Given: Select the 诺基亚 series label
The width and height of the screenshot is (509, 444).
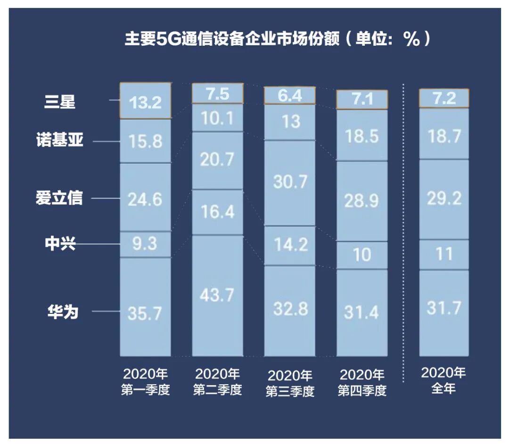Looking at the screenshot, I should point(60,140).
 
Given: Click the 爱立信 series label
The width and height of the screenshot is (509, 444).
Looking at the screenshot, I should point(59,198).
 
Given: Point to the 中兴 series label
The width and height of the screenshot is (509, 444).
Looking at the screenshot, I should point(59,244).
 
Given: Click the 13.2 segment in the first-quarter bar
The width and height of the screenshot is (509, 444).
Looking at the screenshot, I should point(145,101).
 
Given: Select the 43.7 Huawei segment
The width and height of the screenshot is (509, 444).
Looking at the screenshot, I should point(217,296).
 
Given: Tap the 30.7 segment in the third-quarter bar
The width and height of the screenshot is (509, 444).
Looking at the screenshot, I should point(289,182).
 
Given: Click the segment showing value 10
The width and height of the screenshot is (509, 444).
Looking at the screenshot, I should point(361,255).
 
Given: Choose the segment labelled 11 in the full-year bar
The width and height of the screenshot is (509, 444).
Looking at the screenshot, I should point(443,255).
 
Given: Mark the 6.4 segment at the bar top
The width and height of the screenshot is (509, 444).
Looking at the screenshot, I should point(289,96).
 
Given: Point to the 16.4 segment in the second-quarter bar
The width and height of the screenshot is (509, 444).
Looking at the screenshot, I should point(217,212).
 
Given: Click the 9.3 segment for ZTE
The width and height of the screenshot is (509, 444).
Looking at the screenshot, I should point(145,244).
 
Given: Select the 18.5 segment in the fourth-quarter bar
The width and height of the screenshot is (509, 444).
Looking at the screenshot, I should point(361,136).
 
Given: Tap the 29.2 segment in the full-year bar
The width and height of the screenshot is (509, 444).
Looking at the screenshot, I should point(443,199).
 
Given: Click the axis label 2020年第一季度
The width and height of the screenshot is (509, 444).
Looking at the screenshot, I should point(145,382).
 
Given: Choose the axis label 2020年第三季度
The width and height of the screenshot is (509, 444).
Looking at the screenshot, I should point(289,384).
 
